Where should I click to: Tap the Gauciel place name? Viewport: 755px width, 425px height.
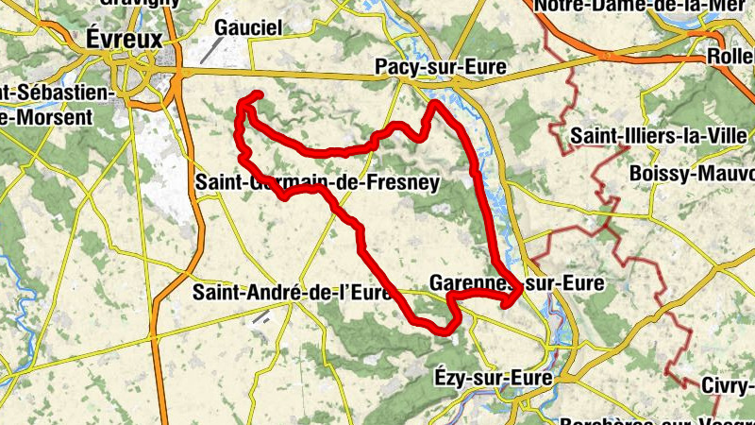pyautogui.click(x=248, y=28)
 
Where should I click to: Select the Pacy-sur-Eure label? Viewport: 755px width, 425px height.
pyautogui.click(x=440, y=68)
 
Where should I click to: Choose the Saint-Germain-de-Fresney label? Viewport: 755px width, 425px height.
pyautogui.click(x=318, y=182)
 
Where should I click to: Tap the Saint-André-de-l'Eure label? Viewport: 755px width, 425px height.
pyautogui.click(x=292, y=293)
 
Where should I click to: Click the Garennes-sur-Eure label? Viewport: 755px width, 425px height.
pyautogui.click(x=514, y=282)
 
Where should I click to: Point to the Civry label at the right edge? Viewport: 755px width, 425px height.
pyautogui.click(x=728, y=385)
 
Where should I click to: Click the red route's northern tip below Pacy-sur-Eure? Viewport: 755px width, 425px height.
pyautogui.click(x=433, y=103)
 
